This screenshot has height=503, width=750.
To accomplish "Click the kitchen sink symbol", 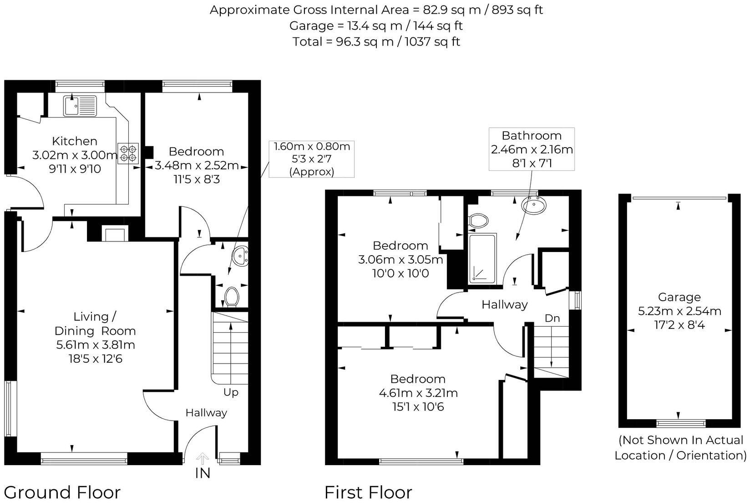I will coord(80,105).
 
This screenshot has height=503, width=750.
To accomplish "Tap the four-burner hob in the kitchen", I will coord(128,153).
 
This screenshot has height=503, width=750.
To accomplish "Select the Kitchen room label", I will coord(75,141).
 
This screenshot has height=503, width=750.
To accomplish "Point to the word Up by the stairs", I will coord(231,392).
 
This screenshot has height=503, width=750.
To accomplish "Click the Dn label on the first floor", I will coord(552,318).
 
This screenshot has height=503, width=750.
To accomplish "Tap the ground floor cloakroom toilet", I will coord(232,297).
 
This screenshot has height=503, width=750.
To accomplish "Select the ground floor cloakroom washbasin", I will coord(240,256).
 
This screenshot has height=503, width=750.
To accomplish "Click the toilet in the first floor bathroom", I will coord(478,221).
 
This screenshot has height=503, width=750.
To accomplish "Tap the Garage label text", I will coord(679,297).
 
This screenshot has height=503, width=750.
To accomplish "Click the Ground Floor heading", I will coord(62,493).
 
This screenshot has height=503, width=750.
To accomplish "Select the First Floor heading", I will coord(368,493).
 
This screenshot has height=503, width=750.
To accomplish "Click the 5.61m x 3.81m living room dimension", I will coord(96,345).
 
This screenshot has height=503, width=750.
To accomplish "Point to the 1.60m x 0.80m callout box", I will coord(311,159).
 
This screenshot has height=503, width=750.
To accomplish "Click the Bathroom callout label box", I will coord(532,149).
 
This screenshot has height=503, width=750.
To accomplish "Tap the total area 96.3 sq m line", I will coord(376,41).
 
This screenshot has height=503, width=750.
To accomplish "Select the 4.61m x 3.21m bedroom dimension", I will coord(418,393).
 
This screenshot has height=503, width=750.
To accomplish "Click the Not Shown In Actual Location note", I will coord(680,447).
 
